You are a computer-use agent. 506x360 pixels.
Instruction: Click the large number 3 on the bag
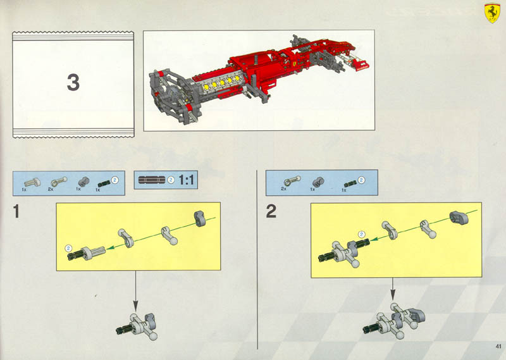pyautogui.click(x=73, y=82)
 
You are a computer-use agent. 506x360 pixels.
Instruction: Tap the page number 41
pyautogui.click(x=498, y=345)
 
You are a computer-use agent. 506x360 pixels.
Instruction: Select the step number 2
pyautogui.click(x=271, y=212)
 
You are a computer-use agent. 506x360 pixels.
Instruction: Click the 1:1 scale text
pyautogui.click(x=188, y=181)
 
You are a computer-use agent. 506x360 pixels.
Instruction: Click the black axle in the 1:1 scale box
pyautogui.click(x=151, y=181)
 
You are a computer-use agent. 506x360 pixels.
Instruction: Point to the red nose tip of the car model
pyautogui.click(x=360, y=65)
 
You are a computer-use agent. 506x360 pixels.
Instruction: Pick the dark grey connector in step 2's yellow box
pyautogui.click(x=459, y=217)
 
